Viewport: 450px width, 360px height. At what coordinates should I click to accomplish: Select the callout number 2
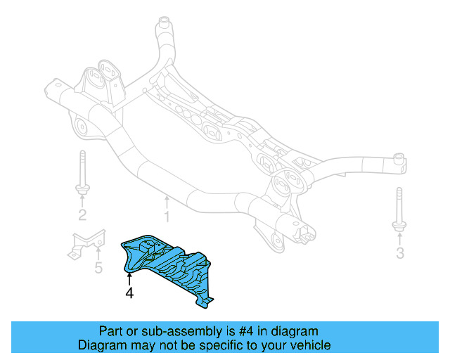tap(82, 215)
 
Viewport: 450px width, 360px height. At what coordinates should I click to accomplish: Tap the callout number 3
tap(400, 253)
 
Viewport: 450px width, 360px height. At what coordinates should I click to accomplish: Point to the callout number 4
tap(129, 292)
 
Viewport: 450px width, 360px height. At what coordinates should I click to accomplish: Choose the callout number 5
tap(98, 268)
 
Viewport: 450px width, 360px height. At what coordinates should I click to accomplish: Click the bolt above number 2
tap(82, 172)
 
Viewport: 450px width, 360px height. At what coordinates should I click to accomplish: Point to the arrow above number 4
tap(129, 278)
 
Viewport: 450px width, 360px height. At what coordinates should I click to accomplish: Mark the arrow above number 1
tap(167, 201)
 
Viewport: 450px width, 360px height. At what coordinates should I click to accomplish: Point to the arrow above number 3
tap(399, 239)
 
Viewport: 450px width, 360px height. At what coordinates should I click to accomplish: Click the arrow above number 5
tap(98, 254)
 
